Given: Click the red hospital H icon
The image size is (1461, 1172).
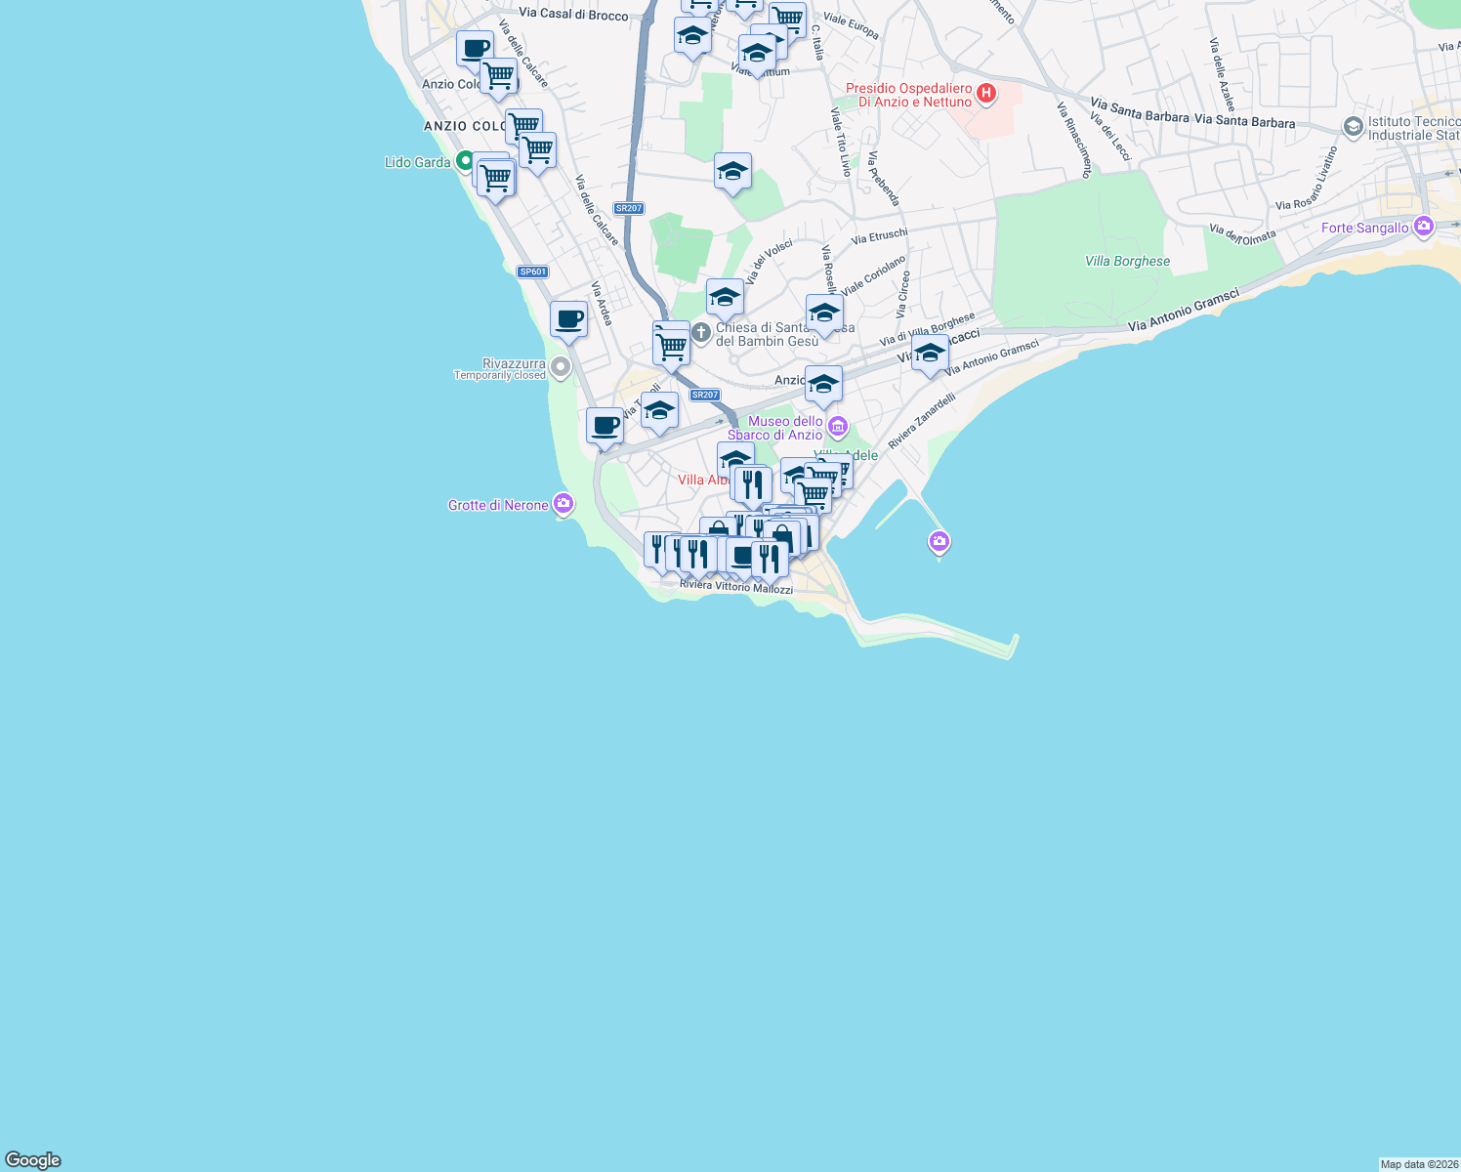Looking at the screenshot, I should pos(986,94).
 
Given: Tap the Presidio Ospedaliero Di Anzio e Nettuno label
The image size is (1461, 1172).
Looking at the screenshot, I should pos(909,95).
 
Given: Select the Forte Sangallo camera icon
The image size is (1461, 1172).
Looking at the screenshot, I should pos(1423,227).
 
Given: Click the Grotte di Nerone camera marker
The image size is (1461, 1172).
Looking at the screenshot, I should pos(563,504).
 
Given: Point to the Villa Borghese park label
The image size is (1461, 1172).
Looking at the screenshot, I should pos(1127,261).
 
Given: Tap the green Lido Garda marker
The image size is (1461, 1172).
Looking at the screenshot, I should pos(466,161).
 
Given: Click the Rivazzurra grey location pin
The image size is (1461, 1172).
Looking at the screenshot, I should pos(561,368).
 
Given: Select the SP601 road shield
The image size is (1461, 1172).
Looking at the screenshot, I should pos(532,272).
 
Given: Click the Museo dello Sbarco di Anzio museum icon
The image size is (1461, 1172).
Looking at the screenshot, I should pos(837,427).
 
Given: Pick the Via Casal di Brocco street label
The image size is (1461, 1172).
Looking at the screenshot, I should pos(573,14).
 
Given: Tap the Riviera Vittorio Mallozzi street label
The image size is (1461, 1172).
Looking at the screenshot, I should pos(736,586).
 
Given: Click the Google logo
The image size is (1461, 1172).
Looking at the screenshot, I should pos(33,1160).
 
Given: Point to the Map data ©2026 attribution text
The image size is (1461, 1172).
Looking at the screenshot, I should pos(1419,1164).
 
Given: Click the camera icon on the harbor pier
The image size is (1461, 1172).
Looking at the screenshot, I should pos(939,540).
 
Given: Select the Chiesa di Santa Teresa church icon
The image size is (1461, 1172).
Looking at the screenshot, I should pos(700,334).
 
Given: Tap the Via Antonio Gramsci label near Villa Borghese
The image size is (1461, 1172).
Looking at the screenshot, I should pos(1183,310).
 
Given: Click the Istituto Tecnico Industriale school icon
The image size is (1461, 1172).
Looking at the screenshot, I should pos(1353,126).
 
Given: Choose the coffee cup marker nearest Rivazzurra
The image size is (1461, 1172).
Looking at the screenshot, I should pos(568,319).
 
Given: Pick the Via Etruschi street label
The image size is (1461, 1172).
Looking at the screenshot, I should pos(879,234).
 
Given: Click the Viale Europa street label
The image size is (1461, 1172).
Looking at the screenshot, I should pos(851,24).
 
